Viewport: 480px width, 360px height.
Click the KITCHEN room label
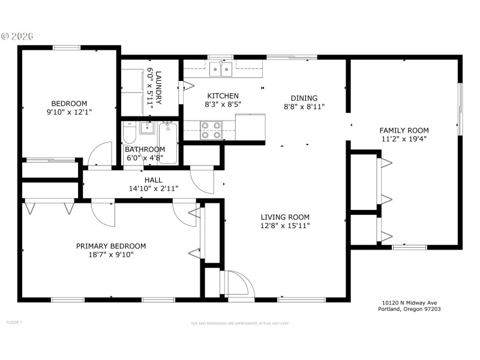(x=223, y=96)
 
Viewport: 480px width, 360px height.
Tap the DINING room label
(x=304, y=98)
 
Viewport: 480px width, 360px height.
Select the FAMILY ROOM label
(x=404, y=130)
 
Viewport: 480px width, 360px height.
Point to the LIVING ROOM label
(x=285, y=217)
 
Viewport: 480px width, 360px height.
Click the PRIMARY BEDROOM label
(x=111, y=246)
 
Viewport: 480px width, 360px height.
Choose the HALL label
(x=153, y=180)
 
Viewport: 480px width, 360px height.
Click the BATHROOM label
(x=145, y=149)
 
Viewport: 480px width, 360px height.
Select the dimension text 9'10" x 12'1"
(x=69, y=112)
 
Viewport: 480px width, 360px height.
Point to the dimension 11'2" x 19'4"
(x=404, y=139)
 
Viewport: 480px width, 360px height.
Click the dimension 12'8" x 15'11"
(x=285, y=226)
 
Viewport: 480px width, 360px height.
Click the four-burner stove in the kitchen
(x=210, y=130)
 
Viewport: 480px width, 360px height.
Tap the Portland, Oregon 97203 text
(x=409, y=310)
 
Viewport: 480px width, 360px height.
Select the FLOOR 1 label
(x=14, y=322)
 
